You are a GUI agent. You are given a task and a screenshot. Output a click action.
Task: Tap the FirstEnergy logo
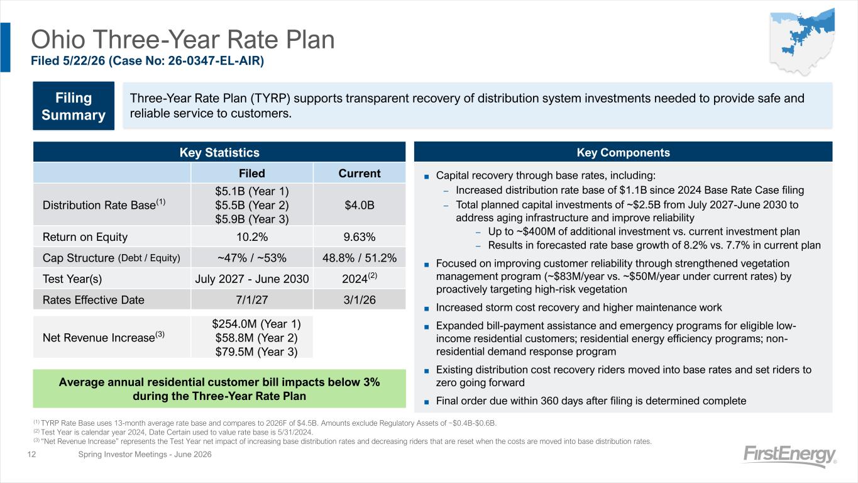pyautogui.click(x=789, y=456)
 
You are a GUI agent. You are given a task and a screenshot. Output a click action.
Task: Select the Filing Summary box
pyautogui.click(x=74, y=106)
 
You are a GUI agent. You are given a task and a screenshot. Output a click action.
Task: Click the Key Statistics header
pyautogui.click(x=219, y=152)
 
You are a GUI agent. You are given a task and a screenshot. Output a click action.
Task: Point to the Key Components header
pyautogui.click(x=623, y=152)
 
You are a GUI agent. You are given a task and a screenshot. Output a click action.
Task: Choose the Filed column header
pyautogui.click(x=251, y=174)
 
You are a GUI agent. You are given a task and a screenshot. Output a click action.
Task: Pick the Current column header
pyautogui.click(x=360, y=174)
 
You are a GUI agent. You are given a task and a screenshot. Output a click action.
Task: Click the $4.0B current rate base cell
pyautogui.click(x=360, y=205)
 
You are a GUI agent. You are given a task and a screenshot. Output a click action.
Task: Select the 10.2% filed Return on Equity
pyautogui.click(x=252, y=237)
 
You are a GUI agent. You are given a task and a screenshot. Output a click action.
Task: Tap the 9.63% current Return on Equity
pyautogui.click(x=360, y=237)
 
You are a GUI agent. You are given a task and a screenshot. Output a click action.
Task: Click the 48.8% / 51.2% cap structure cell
pyautogui.click(x=360, y=258)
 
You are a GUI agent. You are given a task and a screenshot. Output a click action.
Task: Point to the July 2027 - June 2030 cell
pyautogui.click(x=252, y=279)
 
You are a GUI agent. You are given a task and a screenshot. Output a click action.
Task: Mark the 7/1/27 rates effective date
pyautogui.click(x=252, y=300)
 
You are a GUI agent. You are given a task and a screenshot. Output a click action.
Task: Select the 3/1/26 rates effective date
pyautogui.click(x=360, y=300)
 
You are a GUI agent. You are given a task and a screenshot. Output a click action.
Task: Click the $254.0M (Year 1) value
pyautogui.click(x=256, y=324)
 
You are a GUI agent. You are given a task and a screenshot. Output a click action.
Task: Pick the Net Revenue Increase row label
pyautogui.click(x=104, y=337)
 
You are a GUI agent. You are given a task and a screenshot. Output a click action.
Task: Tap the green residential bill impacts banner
pyautogui.click(x=219, y=389)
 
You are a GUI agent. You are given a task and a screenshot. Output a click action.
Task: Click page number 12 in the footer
pyautogui.click(x=31, y=454)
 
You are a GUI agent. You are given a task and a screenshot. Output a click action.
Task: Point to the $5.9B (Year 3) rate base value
pyautogui.click(x=252, y=219)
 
